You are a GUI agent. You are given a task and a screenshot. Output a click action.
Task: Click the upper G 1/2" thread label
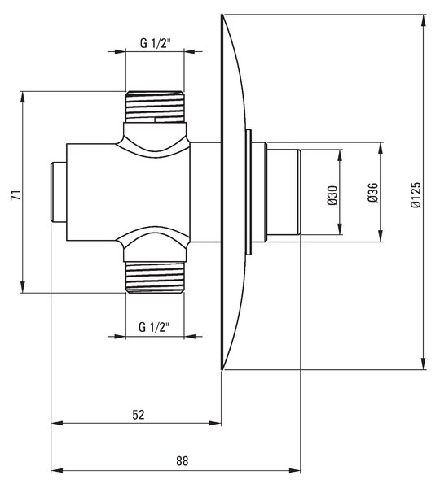tap(156, 43)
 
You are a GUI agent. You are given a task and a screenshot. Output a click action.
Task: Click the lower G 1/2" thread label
tap(154, 327)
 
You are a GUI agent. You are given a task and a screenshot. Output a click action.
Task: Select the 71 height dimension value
tap(15, 195)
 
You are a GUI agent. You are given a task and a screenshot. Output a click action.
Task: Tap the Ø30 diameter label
tap(332, 195)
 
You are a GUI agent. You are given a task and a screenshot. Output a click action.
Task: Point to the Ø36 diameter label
tap(372, 193)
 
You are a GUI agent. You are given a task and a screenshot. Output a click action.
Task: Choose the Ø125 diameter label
tap(416, 195)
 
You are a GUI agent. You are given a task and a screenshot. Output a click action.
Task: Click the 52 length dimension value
tap(139, 415)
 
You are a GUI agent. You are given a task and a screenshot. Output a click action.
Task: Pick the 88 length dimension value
tap(183, 461)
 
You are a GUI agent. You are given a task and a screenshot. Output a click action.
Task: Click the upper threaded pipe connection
tap(155, 107)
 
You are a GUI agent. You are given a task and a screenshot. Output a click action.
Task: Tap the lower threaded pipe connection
tap(155, 277)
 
